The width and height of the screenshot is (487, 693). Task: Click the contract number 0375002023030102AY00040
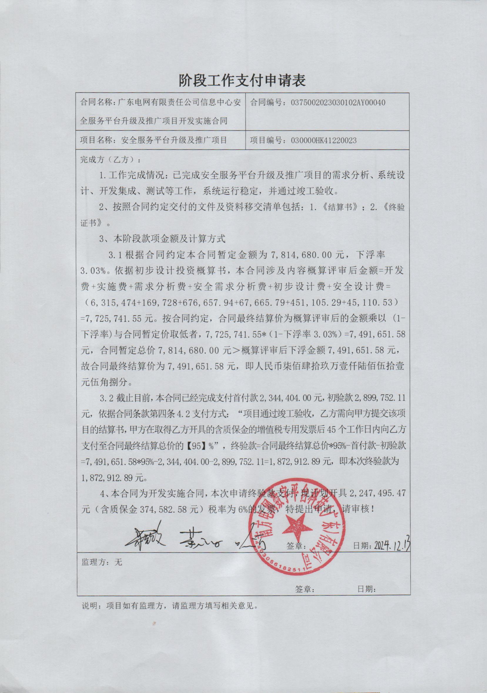point(338,103)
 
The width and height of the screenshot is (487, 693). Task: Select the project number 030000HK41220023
point(324,140)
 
